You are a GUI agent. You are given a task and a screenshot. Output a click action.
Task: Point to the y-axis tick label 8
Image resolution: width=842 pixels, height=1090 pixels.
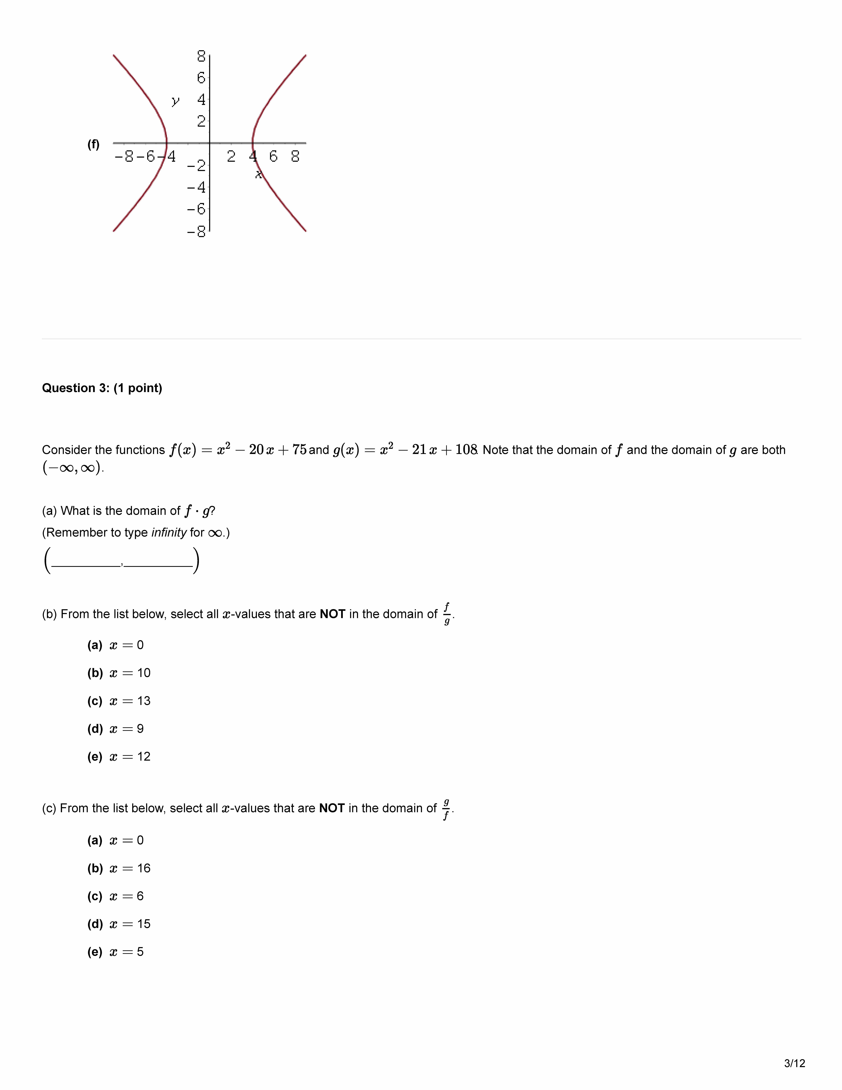coord(201,56)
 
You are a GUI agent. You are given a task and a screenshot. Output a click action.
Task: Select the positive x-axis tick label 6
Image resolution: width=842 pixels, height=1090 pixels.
coord(273,157)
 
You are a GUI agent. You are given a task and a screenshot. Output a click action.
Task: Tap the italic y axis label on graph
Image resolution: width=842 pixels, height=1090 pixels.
coord(175,101)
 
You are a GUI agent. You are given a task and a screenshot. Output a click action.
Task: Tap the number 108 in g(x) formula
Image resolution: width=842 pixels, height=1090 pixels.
coord(466,450)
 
